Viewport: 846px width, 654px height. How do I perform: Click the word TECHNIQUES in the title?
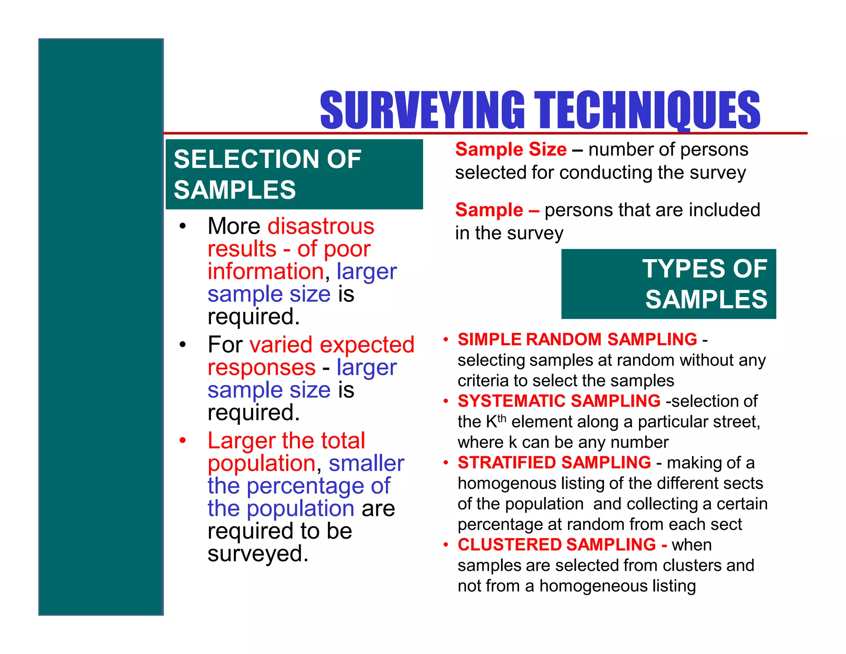pos(647,110)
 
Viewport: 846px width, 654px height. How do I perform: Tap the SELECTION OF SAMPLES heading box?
pos(294,174)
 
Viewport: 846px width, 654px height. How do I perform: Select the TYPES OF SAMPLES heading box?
pos(668,284)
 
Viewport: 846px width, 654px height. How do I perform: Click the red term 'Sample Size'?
pos(511,149)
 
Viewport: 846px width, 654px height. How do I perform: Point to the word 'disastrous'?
pos(321,226)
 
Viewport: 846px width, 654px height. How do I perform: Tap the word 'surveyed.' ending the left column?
pos(258,554)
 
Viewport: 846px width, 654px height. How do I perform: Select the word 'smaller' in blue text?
pos(366,463)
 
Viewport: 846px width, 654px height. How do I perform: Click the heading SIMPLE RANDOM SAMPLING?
pos(577,339)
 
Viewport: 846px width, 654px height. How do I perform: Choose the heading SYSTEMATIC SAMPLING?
pos(559,401)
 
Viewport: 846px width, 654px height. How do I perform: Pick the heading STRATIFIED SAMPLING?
pos(554,463)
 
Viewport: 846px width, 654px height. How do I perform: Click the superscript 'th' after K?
pos(501,418)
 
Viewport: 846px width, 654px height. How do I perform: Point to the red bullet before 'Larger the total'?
pos(183,441)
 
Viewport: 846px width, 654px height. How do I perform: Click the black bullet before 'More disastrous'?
pos(183,226)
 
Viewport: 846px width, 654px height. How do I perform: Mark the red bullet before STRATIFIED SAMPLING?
pos(446,463)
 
